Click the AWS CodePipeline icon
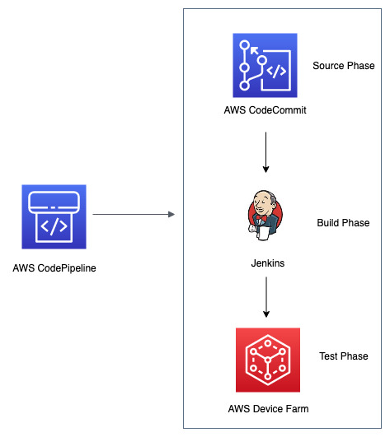54,216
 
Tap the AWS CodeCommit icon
265,65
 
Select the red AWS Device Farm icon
268,360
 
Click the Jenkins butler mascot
265,215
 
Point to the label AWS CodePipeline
54,268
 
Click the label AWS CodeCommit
265,110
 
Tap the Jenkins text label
268,263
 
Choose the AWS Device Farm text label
268,409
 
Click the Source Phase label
344,66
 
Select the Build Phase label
343,223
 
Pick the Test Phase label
344,356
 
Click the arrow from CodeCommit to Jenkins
265,152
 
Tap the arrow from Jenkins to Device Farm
266,297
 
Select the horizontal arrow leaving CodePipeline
134,214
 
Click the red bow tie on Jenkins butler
261,217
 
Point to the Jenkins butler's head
264,203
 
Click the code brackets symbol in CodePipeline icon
54,226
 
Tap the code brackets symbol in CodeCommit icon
276,72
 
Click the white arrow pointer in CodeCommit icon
255,51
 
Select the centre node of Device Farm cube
268,360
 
